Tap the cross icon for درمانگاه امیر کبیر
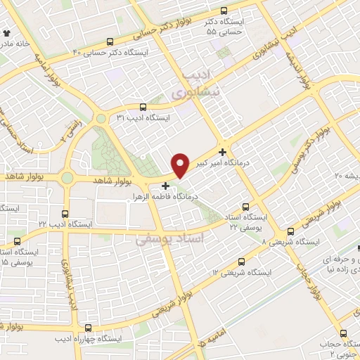click(x=223, y=152)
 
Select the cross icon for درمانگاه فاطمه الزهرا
click(x=165, y=186)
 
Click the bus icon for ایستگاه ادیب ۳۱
click(x=143, y=108)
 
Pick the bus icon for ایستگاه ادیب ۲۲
click(x=65, y=214)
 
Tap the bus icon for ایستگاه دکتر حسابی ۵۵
click(x=224, y=11)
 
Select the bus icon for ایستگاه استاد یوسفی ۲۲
click(x=245, y=207)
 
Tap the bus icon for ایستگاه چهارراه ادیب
click(x=87, y=328)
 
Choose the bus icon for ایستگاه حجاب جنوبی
click(x=343, y=333)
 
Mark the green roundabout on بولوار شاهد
click(x=67, y=179)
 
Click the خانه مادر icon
click(x=6, y=32)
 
